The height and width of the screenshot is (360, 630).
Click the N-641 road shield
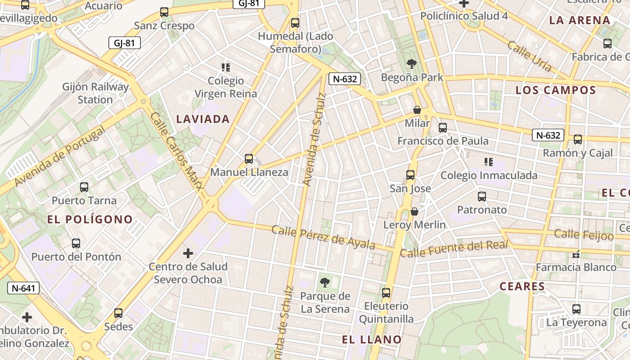pyautogui.click(x=23, y=288)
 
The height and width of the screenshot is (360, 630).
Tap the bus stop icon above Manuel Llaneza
pyautogui.click(x=249, y=158)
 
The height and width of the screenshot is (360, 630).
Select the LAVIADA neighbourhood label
pyautogui.click(x=203, y=119)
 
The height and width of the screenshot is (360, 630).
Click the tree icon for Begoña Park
pyautogui.click(x=411, y=63)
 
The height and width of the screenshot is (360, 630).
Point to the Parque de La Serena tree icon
pyautogui.click(x=324, y=283)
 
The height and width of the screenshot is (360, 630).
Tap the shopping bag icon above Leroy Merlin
pyautogui.click(x=414, y=211)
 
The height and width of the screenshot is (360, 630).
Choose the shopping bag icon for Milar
pyautogui.click(x=417, y=110)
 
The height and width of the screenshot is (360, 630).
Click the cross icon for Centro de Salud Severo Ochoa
pyautogui.click(x=188, y=253)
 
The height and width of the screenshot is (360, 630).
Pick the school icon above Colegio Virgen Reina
pyautogui.click(x=226, y=67)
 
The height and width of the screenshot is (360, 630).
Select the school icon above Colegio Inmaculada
pyautogui.click(x=488, y=162)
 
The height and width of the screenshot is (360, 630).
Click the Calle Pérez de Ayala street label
pyautogui.click(x=323, y=237)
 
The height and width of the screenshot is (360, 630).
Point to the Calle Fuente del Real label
pyautogui.click(x=454, y=249)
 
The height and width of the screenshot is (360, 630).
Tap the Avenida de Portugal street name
pyautogui.click(x=60, y=156)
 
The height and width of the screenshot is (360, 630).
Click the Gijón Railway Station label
pyautogui.click(x=95, y=93)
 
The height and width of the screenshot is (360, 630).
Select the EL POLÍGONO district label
pyautogui.click(x=90, y=220)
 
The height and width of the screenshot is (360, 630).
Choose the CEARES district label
pyautogui.click(x=522, y=286)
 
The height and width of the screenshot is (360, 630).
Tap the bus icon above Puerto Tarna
pyautogui.click(x=84, y=187)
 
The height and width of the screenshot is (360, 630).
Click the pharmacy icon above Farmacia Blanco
pyautogui.click(x=576, y=255)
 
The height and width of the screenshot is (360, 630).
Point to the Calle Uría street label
pyautogui.click(x=530, y=56)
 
